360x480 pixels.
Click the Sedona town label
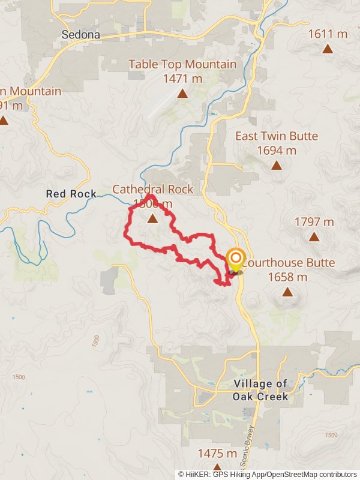tap(82, 34)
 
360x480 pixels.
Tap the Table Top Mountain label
tap(182, 64)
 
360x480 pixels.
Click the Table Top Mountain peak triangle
tap(182, 93)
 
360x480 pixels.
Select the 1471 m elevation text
tap(182, 79)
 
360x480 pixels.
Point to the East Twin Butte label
tap(277, 136)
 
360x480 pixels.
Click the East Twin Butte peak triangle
tap(277, 165)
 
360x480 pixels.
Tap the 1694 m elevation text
tap(277, 151)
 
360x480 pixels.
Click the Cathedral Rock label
tap(153, 190)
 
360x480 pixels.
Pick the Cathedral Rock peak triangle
tap(153, 219)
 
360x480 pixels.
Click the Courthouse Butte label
tap(290, 263)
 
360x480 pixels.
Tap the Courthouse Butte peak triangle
tap(287, 292)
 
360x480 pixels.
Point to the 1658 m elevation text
tap(287, 277)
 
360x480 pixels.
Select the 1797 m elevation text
tap(314, 222)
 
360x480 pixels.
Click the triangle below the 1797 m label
tap(314, 236)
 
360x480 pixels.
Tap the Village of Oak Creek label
tap(261, 390)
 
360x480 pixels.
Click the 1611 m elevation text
tap(328, 34)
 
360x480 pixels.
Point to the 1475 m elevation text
tap(217, 453)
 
